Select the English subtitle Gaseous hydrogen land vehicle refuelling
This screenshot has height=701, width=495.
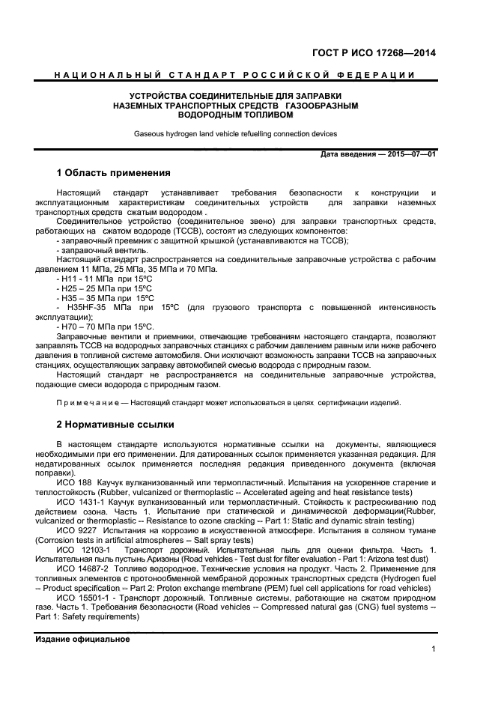click(x=235, y=134)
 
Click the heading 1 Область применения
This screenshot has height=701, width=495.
click(x=114, y=173)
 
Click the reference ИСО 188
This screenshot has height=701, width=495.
click(x=73, y=483)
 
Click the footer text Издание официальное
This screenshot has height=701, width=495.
click(x=83, y=640)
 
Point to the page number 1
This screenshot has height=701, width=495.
click(x=434, y=649)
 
